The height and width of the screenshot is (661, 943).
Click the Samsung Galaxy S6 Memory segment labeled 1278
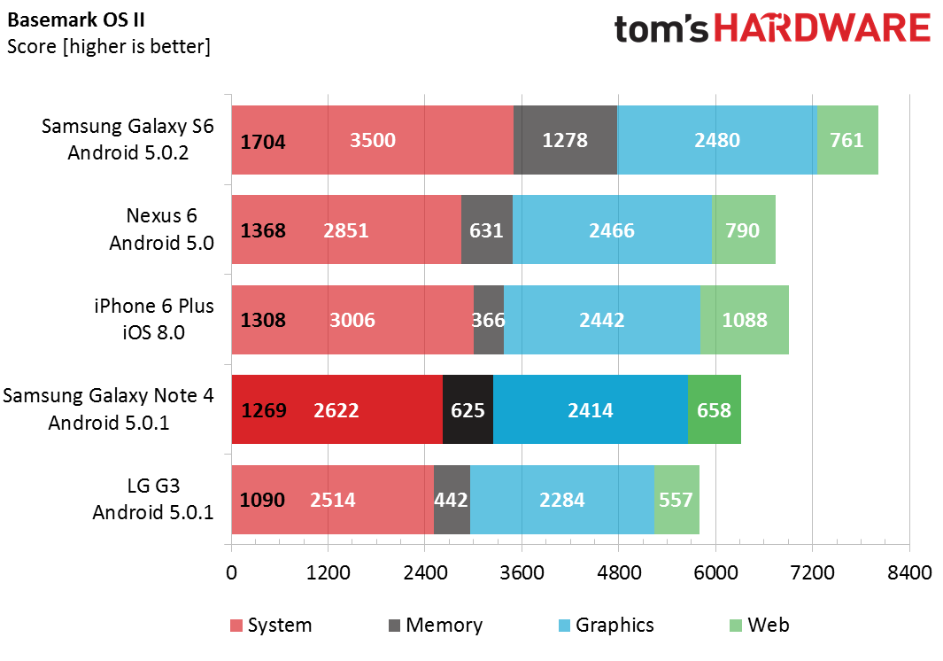coord(565,140)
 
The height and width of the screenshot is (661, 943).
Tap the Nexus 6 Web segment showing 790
coord(743,230)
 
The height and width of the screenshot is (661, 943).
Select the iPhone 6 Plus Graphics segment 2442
coord(602,320)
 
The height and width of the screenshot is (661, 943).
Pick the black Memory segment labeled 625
coord(468,410)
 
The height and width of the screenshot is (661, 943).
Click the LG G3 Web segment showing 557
coord(676,500)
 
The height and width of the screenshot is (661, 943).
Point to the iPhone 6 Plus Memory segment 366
coord(489,320)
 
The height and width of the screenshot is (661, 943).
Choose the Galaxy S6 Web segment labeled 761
coord(847,140)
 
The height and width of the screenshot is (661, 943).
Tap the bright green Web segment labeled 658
coord(715,410)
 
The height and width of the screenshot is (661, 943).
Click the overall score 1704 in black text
coord(263,140)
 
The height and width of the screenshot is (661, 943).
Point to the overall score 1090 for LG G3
coord(262,500)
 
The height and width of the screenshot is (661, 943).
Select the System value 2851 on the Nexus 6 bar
coord(346,230)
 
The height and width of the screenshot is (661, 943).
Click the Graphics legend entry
coord(606,626)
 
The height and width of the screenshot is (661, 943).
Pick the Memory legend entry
coord(436,626)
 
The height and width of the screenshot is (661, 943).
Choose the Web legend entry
coord(759,626)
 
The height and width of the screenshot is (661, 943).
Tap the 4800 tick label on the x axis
coord(618,573)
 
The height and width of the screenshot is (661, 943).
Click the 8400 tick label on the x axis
coord(908,573)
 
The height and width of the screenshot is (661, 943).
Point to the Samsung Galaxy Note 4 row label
coord(108,409)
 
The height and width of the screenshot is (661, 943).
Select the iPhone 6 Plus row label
coord(154,319)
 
